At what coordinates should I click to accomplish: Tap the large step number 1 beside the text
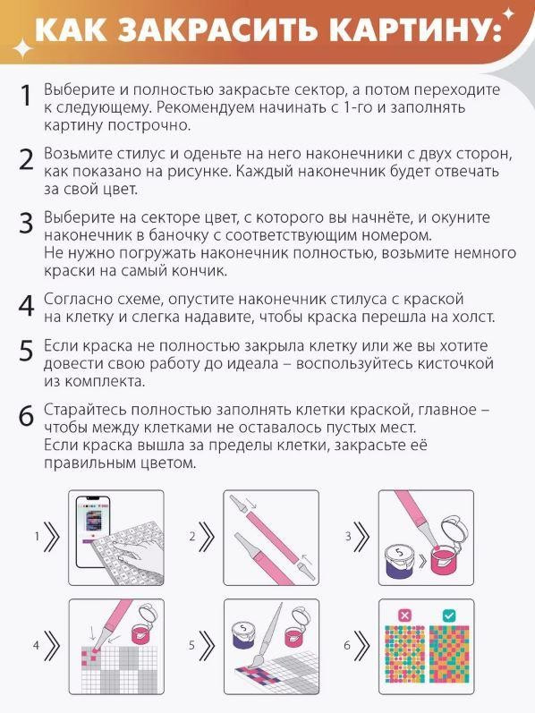[x=27, y=96]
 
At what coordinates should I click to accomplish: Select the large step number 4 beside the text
[x=26, y=306]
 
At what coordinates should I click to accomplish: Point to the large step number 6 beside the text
[x=26, y=416]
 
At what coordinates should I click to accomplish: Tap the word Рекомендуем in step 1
[x=207, y=107]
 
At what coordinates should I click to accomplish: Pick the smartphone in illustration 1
[x=94, y=531]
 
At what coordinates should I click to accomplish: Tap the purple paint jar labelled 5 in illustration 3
[x=399, y=561]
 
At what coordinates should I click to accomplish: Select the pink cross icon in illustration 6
[x=404, y=615]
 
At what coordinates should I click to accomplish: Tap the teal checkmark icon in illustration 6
[x=448, y=615]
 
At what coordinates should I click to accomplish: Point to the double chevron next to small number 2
[x=207, y=537]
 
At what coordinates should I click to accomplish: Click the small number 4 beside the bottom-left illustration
[x=36, y=645]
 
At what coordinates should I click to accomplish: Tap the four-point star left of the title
[x=21, y=48]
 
